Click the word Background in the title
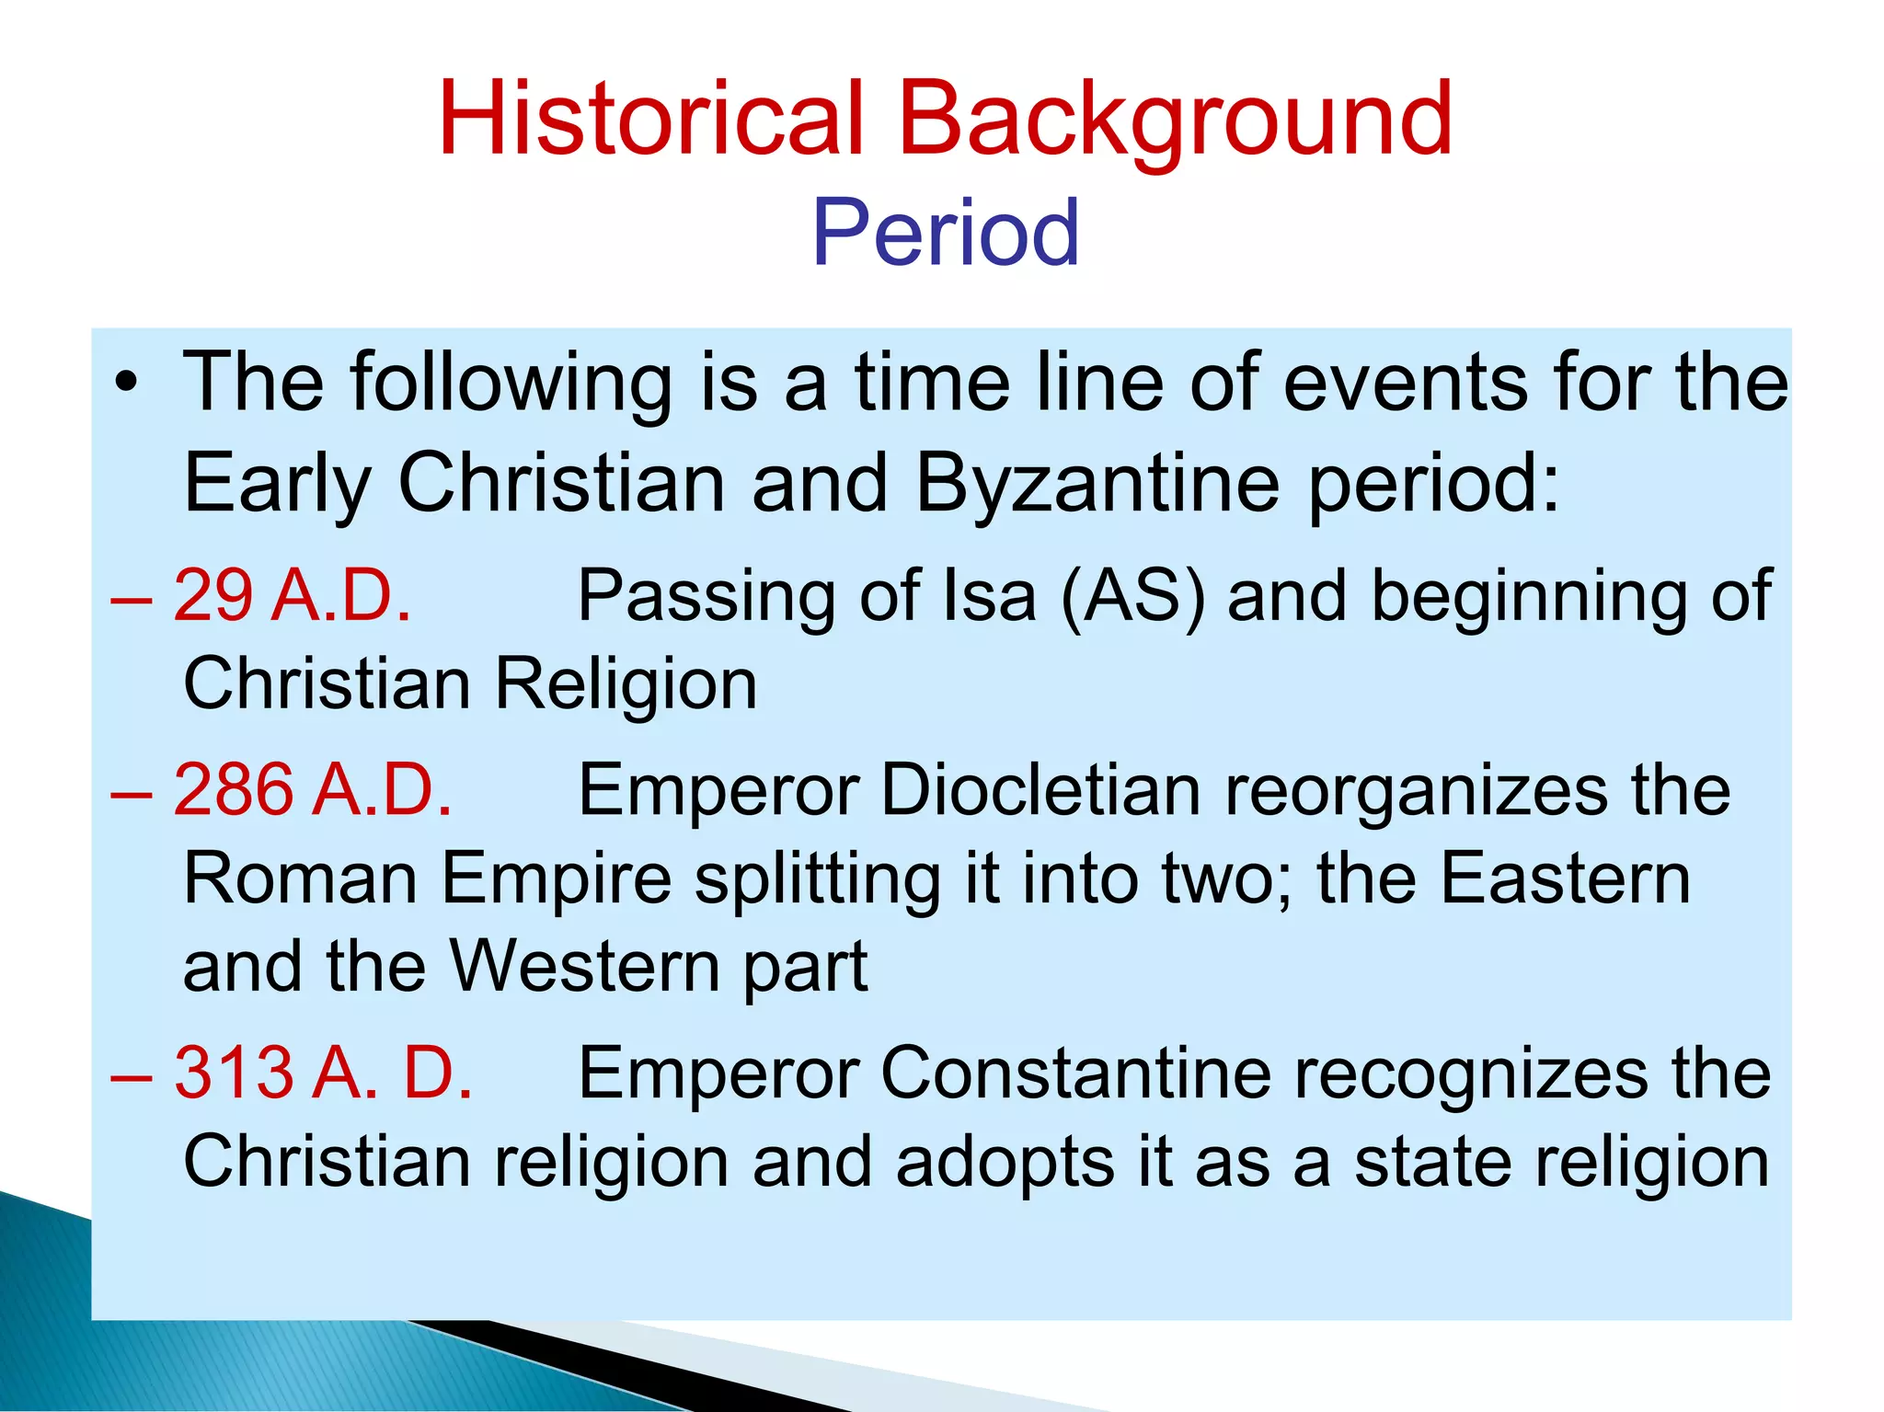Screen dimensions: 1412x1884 (1175, 120)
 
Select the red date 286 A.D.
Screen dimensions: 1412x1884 (312, 789)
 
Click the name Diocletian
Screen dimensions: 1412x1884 (1040, 789)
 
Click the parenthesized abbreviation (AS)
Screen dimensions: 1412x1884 (1133, 596)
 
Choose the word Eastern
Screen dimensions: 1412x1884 (1565, 878)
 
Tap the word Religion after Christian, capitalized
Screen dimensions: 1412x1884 (626, 684)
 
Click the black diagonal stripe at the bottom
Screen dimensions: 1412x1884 (644, 1361)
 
